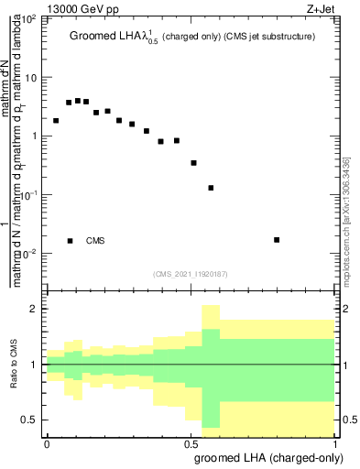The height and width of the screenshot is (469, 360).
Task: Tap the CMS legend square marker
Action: [70, 241]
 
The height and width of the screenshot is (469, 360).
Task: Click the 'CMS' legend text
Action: [95, 241]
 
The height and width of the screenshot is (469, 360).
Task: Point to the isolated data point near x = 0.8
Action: [277, 240]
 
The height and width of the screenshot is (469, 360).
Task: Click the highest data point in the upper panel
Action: [78, 101]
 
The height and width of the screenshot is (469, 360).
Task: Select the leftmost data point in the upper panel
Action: [56, 121]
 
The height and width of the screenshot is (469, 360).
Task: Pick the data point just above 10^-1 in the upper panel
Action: [211, 188]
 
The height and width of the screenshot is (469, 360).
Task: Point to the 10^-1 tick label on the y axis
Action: [29, 195]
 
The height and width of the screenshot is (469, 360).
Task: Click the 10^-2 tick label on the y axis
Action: [29, 254]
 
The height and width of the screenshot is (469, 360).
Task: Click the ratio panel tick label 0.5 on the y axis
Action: [31, 420]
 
